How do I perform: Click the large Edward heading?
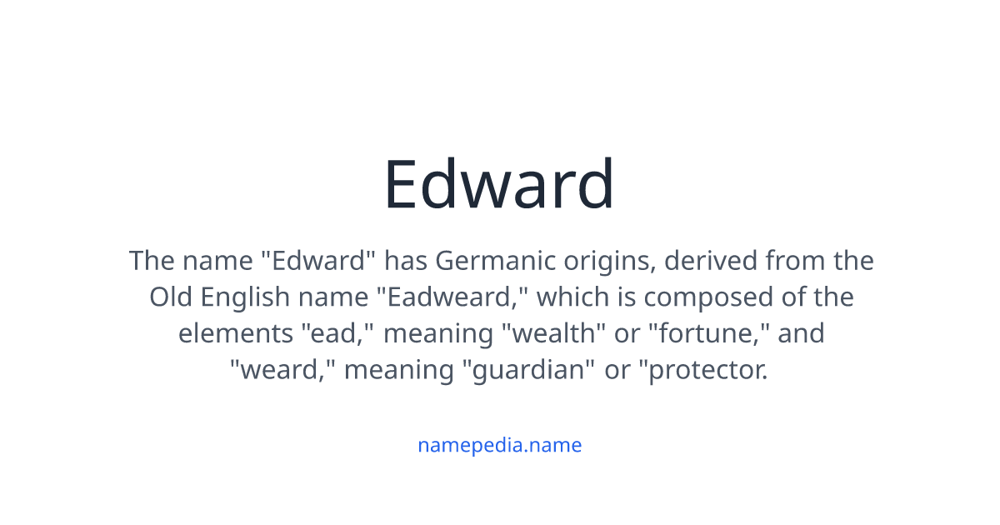499,183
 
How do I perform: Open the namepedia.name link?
499,445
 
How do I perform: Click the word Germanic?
495,260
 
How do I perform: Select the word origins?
610,262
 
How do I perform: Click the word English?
245,298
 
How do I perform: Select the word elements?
235,333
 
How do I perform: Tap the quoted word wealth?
553,333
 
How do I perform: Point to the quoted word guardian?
528,371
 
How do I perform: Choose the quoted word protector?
703,371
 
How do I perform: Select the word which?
572,297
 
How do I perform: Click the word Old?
171,297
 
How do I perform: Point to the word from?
795,260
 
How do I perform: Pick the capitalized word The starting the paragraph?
152,260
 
